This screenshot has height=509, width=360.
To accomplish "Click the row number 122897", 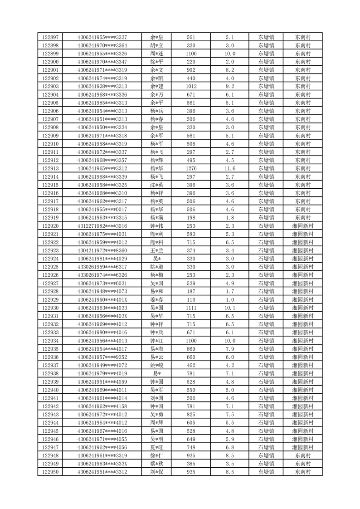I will click(50, 37).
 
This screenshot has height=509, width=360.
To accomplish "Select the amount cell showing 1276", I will click(191, 168).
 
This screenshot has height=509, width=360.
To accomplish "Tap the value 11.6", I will click(230, 168).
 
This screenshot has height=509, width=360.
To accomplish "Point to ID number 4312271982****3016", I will click(102, 226).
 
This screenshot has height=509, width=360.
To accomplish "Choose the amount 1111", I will click(191, 308).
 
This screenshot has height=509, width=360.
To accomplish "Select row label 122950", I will click(50, 472).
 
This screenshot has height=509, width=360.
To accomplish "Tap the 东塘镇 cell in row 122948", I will click(266, 456).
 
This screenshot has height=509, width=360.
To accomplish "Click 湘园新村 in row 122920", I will click(302, 226).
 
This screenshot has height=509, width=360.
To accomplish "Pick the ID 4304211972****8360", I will click(102, 250).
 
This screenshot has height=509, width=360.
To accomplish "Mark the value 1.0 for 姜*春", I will click(230, 300).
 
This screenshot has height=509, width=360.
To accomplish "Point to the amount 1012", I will click(191, 86).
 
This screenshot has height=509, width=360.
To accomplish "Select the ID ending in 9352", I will click(102, 357).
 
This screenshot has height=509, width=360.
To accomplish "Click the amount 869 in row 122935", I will click(191, 349).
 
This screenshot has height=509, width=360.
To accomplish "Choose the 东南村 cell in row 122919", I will click(302, 218).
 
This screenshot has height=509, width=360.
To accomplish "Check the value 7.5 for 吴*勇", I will click(230, 415).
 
